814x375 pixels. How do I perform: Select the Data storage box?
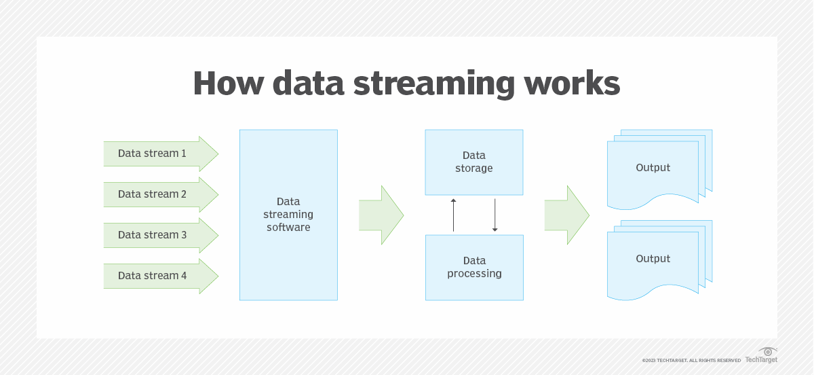(x=474, y=162)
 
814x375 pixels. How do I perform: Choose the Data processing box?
(x=474, y=267)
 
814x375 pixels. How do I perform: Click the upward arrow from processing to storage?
(x=454, y=215)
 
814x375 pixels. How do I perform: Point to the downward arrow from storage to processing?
(x=495, y=215)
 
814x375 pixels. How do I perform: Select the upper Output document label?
(x=653, y=168)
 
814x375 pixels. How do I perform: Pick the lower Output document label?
(x=653, y=259)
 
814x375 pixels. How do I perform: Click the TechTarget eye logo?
(x=768, y=351)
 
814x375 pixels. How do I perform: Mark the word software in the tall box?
(x=288, y=228)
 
